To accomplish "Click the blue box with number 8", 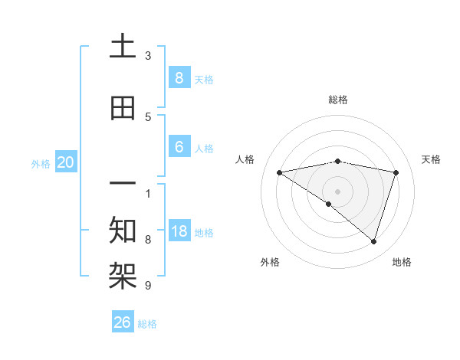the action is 179,77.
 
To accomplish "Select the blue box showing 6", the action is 179,147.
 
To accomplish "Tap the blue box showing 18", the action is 179,231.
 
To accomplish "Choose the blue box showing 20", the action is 66,162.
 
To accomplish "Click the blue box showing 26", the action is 123,322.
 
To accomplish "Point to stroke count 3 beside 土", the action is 148,55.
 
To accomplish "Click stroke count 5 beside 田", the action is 148,116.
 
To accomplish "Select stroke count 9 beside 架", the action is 148,286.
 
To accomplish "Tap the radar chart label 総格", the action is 337,100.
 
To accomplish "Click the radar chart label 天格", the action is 431,159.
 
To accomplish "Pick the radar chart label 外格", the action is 270,262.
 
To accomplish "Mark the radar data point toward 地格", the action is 373,241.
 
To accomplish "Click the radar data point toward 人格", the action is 279,172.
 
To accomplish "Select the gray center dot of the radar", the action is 337,190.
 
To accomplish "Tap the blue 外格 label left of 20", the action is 41,163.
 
